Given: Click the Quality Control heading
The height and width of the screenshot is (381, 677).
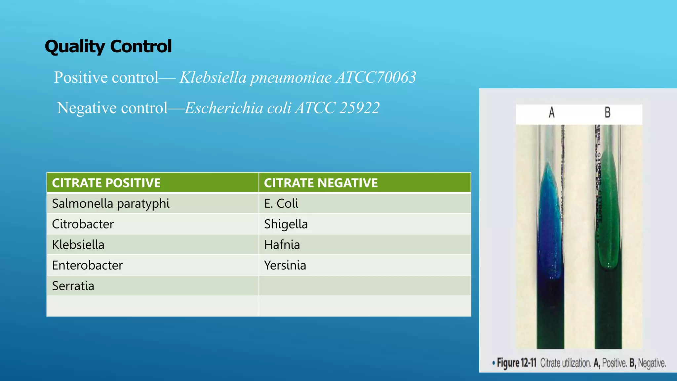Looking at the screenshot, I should tap(108, 46).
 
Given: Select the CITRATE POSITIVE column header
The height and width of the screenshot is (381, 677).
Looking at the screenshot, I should tap(106, 183).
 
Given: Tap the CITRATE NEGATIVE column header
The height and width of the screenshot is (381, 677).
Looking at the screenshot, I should tap(321, 183).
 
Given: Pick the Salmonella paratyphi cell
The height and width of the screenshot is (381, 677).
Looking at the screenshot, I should tap(111, 203).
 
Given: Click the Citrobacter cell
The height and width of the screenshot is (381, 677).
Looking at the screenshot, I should tap(83, 224).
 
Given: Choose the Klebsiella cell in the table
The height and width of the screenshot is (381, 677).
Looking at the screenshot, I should tap(78, 245).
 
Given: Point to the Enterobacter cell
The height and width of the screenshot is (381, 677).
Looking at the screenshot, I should tap(87, 265).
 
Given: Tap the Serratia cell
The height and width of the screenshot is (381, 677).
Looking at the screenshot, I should tap(73, 286).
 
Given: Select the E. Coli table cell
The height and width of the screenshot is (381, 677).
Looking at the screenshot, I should tap(281, 203).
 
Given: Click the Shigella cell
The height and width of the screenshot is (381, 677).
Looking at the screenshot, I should tap(286, 224).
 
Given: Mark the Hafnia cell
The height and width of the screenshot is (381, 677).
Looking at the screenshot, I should tap(282, 245).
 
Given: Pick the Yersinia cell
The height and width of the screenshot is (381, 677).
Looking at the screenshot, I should tap(285, 265).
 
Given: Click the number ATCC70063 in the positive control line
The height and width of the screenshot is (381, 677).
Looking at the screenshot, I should tap(376, 77).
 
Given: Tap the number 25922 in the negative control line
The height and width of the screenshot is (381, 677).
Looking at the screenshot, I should tap(359, 108).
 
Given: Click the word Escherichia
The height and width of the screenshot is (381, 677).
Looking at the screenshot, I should tap(224, 108).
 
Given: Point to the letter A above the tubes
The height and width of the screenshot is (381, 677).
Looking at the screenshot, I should tap(552, 112).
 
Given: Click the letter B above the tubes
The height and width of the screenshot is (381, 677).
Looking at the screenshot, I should tap(608, 112).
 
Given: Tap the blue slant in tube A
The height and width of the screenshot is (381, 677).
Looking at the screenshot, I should tap(550, 218).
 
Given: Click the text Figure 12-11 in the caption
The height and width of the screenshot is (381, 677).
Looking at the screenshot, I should tap(516, 363).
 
